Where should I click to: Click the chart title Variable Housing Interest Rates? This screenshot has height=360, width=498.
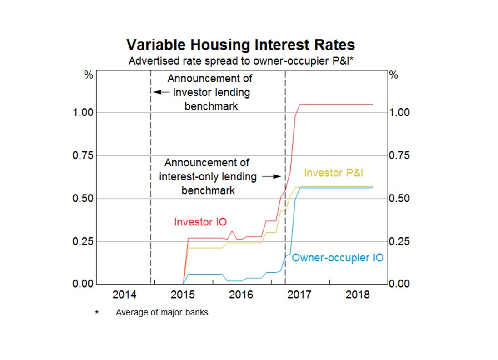(x=240, y=45)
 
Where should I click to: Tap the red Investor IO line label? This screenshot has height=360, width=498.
(x=200, y=222)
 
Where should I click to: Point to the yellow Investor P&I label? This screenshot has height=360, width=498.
(x=334, y=173)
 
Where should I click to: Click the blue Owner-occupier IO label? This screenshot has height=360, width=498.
(x=337, y=258)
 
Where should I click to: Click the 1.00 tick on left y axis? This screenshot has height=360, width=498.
(x=84, y=113)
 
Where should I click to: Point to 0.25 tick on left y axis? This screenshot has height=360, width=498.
(x=84, y=241)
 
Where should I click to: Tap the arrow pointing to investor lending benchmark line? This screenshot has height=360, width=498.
(x=161, y=92)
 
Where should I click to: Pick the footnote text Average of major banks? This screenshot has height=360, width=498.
(x=162, y=313)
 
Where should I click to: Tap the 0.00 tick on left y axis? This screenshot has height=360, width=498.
(x=84, y=284)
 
